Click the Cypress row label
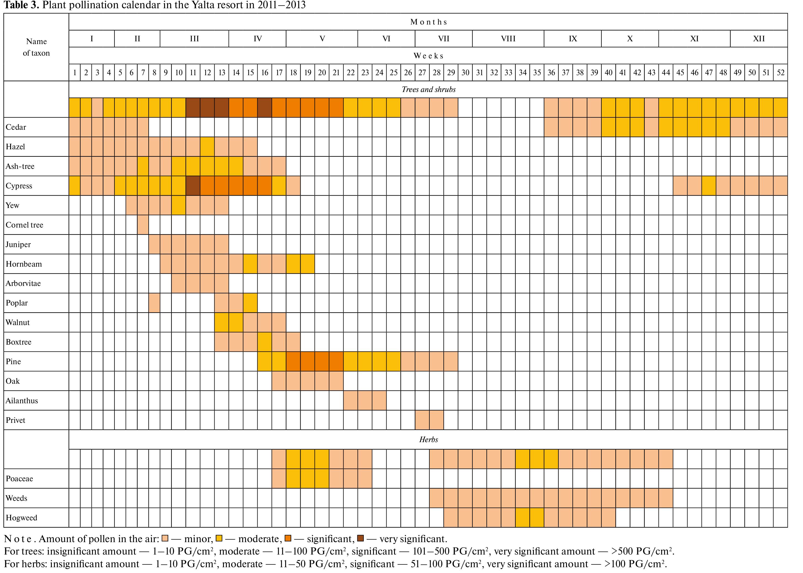(19, 186)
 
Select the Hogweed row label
(22, 518)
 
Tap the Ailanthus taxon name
(22, 401)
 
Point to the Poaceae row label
(19, 479)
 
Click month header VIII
(508, 39)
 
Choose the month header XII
(759, 39)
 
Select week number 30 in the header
(465, 73)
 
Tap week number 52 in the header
(780, 73)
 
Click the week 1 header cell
(75, 73)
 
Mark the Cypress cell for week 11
(193, 186)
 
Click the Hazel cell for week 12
(207, 147)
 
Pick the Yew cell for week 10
(179, 205)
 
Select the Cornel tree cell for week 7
(143, 225)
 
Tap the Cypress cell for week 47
(709, 186)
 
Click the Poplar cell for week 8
(154, 303)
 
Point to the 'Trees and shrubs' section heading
(428, 90)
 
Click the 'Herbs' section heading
(428, 440)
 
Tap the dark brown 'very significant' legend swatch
(360, 538)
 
